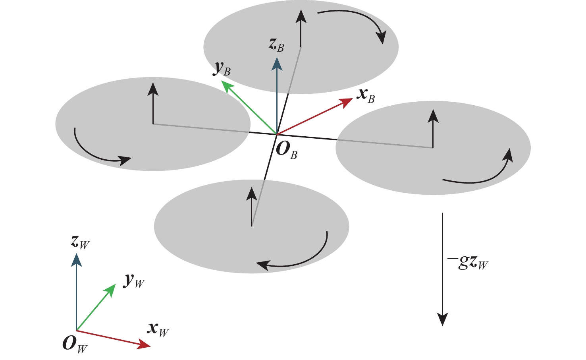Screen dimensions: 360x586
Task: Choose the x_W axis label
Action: pyautogui.click(x=158, y=329)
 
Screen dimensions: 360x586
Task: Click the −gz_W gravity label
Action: pyautogui.click(x=468, y=263)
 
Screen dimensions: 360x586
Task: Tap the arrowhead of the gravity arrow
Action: pyautogui.click(x=442, y=319)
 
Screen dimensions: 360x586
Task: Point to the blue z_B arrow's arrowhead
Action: pyautogui.click(x=277, y=64)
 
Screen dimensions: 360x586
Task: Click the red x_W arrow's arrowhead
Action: pyautogui.click(x=144, y=345)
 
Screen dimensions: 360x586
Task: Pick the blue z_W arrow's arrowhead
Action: pyautogui.click(x=76, y=260)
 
